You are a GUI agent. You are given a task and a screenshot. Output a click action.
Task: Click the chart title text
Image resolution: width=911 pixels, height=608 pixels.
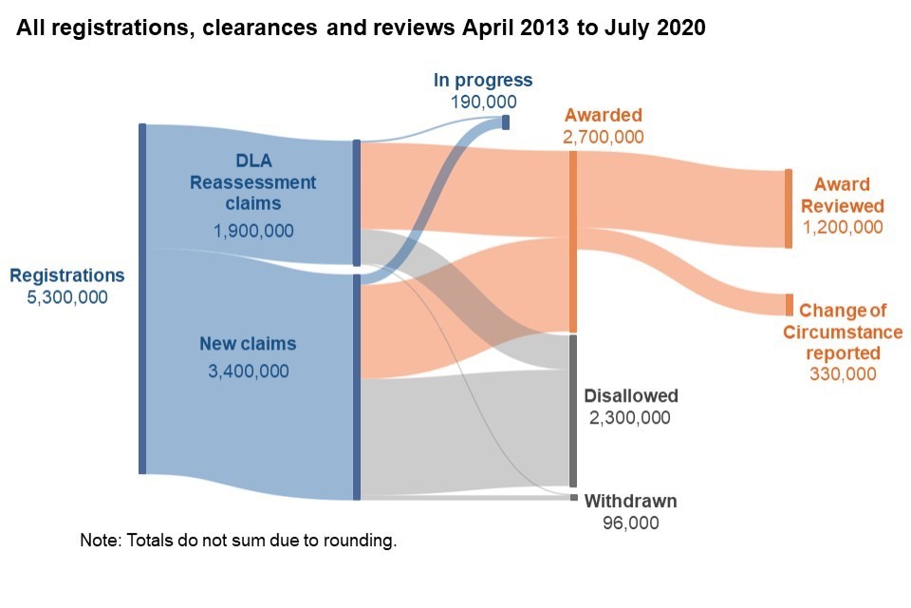361,28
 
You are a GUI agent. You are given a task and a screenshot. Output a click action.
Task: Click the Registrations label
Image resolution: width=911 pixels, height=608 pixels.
66,275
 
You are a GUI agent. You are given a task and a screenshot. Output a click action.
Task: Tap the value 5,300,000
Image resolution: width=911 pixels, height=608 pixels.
66,297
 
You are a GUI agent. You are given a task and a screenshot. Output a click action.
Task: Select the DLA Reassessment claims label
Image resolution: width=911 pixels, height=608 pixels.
252,181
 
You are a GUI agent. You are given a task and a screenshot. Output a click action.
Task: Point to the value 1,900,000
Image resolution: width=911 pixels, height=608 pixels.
252,231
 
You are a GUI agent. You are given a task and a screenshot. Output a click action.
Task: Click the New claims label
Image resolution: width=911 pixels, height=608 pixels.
248,344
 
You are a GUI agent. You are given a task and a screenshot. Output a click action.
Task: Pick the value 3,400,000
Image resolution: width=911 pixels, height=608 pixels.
248,371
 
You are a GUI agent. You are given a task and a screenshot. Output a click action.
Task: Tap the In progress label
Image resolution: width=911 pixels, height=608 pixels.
483,81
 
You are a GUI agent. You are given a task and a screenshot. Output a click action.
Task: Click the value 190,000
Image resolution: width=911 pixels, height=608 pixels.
483,102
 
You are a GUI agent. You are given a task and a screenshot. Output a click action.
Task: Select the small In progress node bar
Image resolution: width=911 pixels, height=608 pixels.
506,122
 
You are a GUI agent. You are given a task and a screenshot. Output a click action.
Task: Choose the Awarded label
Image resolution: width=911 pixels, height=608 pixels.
603,115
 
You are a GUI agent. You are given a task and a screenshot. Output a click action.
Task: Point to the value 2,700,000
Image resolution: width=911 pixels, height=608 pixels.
603,137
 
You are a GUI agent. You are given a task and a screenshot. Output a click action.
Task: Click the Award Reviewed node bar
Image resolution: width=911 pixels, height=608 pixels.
788,208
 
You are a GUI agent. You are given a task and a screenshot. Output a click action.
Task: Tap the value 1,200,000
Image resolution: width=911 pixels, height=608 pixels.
843,228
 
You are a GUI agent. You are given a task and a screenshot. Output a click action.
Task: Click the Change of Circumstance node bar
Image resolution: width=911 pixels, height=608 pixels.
789,305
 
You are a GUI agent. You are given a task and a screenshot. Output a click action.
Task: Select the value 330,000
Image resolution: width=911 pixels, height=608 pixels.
843,374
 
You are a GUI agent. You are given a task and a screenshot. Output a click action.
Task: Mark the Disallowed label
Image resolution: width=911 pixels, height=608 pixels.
631,396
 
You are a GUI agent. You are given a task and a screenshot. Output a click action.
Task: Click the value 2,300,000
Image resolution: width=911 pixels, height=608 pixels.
631,418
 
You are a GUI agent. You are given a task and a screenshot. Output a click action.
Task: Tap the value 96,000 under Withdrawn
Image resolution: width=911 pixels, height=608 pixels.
631,523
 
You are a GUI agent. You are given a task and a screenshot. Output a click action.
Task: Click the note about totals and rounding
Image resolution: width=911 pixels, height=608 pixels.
237,541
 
